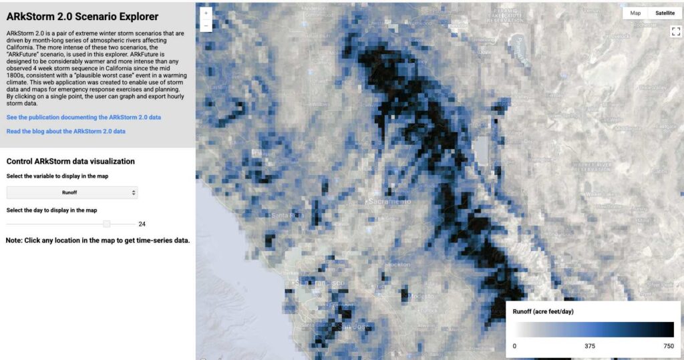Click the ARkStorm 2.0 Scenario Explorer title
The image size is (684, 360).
(82, 16)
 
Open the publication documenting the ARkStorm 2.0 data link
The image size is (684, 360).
(83, 117)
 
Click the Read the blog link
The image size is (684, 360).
(65, 132)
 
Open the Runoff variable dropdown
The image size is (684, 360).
(71, 192)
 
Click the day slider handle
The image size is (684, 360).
(107, 224)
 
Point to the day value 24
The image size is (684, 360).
(142, 224)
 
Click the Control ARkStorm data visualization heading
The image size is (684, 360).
(70, 162)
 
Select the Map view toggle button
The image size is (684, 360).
(635, 13)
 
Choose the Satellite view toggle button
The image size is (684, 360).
(665, 13)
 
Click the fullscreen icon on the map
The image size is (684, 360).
(675, 31)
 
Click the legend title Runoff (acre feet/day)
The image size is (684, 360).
(543, 312)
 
